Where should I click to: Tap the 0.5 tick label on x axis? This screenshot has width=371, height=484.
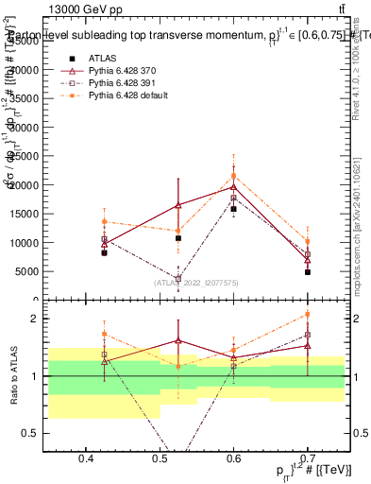click(160, 458)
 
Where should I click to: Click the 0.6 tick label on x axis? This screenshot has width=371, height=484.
click(234, 458)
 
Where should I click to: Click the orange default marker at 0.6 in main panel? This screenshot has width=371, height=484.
click(233, 176)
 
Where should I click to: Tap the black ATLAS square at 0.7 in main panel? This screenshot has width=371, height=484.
click(308, 272)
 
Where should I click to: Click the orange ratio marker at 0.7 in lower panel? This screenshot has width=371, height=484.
click(308, 315)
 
